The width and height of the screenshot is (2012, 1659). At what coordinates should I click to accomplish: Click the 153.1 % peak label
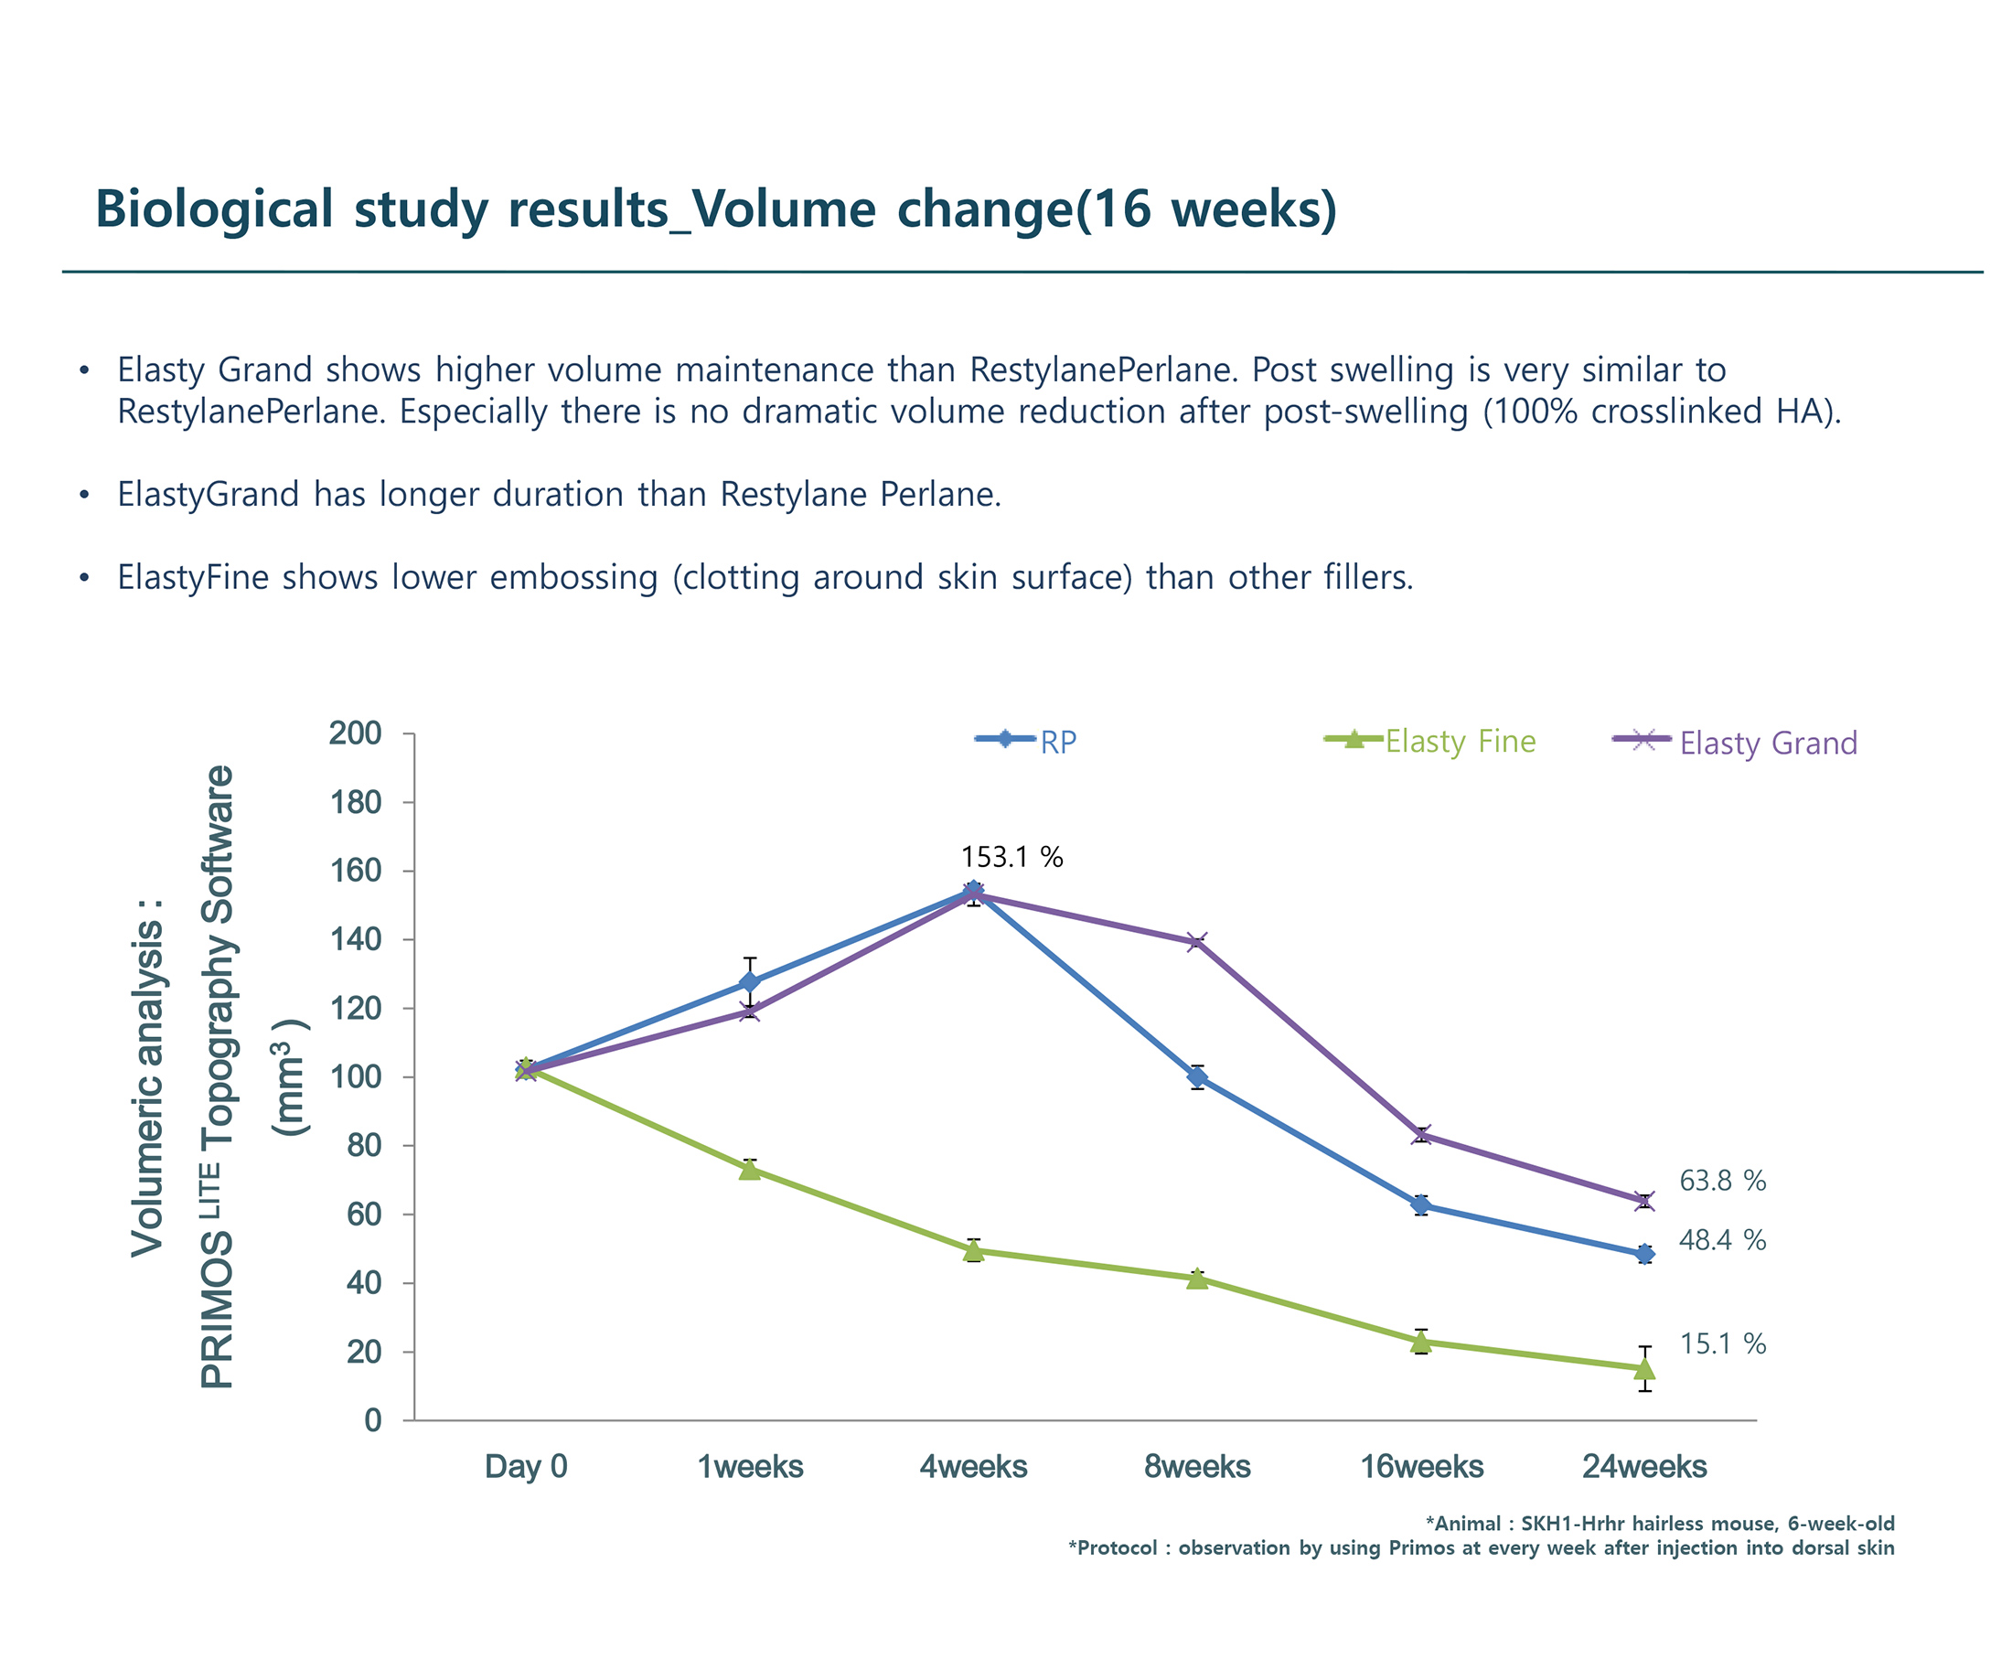(x=1011, y=856)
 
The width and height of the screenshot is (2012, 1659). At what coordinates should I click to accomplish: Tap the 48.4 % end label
(x=1721, y=1239)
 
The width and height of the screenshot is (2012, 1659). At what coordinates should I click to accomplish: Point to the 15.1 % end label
(x=1721, y=1343)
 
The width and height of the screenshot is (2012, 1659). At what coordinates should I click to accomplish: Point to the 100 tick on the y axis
(x=355, y=1077)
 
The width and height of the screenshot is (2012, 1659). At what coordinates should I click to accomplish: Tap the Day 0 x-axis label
(x=526, y=1466)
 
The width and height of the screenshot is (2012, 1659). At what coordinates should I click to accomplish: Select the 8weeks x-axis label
(x=1197, y=1466)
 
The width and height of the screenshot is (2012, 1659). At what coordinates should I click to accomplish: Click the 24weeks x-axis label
(x=1644, y=1466)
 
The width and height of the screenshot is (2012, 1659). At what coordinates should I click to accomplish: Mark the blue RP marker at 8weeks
(x=1197, y=1077)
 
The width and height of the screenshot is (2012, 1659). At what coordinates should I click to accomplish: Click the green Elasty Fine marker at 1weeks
(x=750, y=1169)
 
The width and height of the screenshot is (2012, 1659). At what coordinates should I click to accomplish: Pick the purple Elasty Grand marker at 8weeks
(x=1197, y=942)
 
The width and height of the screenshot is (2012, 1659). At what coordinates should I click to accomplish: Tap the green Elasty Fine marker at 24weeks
(x=1644, y=1368)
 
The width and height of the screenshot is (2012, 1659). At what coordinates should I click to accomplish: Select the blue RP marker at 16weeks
(x=1420, y=1205)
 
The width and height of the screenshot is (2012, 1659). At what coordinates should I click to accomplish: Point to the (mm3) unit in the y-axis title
(x=290, y=1077)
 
